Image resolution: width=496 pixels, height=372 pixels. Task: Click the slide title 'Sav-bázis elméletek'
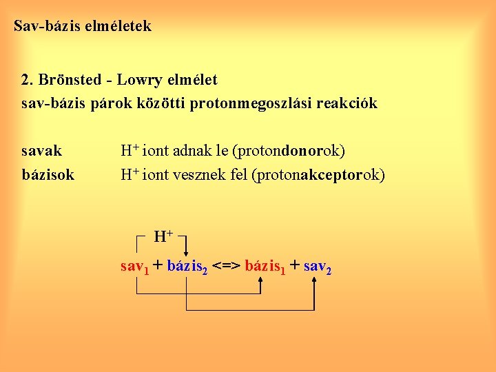pos(83,28)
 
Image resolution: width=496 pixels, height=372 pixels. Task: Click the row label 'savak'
pos(41,150)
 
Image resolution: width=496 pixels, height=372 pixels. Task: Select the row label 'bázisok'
pos(48,175)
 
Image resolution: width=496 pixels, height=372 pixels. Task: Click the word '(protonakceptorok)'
pos(320,175)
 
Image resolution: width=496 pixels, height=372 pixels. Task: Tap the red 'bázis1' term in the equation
pos(265,266)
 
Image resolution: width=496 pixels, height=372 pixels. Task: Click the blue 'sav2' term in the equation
pos(318,266)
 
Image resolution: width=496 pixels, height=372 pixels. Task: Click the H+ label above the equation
pos(163,237)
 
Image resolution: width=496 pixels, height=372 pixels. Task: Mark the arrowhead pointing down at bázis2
pos(187,252)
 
